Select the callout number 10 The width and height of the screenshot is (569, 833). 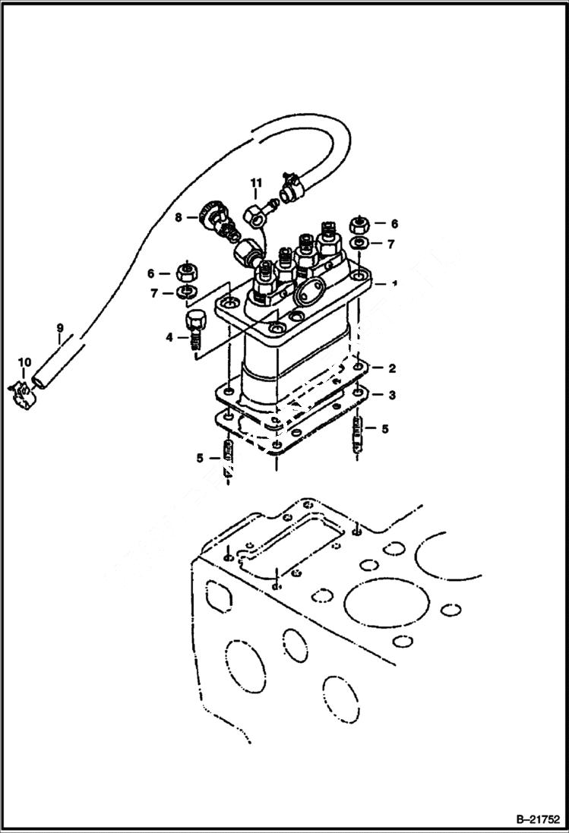(x=24, y=363)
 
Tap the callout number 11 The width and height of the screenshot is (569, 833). (x=256, y=182)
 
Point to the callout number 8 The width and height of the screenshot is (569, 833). (x=179, y=217)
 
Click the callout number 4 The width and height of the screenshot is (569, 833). (x=169, y=336)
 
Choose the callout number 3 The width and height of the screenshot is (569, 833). (x=392, y=395)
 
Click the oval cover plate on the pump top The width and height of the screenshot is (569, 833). (x=308, y=291)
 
